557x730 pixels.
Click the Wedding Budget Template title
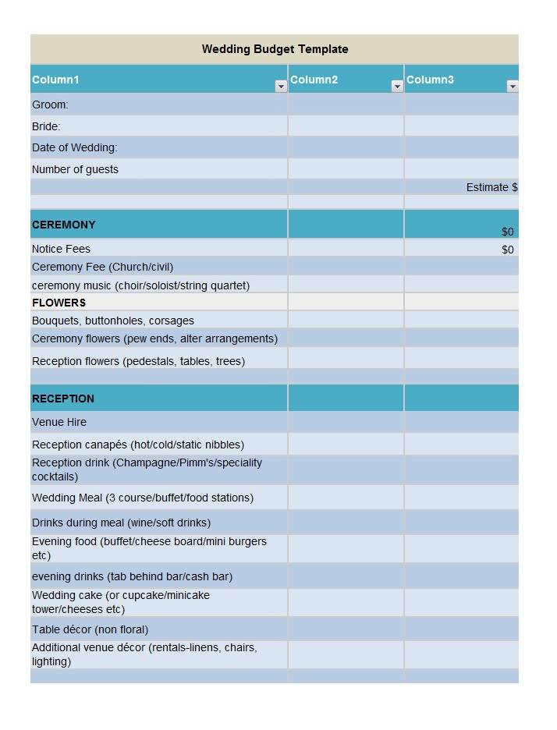[275, 49]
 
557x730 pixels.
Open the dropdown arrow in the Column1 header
[281, 87]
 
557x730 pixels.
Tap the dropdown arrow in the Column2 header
[397, 87]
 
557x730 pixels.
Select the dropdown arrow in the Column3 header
[513, 87]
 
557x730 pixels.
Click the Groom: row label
[50, 105]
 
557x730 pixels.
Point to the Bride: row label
[46, 126]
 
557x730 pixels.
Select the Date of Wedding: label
[75, 147]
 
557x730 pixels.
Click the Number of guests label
[75, 169]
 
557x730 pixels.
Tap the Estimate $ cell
[491, 187]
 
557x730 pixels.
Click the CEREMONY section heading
[64, 225]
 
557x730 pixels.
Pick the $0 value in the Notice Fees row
[508, 250]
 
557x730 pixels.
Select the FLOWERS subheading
[59, 303]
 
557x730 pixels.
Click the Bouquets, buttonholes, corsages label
[113, 321]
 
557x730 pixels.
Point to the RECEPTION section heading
[63, 399]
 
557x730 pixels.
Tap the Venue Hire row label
[59, 422]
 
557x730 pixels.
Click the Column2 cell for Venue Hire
[346, 422]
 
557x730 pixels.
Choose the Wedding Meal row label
[143, 498]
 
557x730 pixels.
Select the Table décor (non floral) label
[90, 629]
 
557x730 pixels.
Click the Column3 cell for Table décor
[461, 629]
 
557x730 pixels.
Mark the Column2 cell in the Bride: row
[346, 126]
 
